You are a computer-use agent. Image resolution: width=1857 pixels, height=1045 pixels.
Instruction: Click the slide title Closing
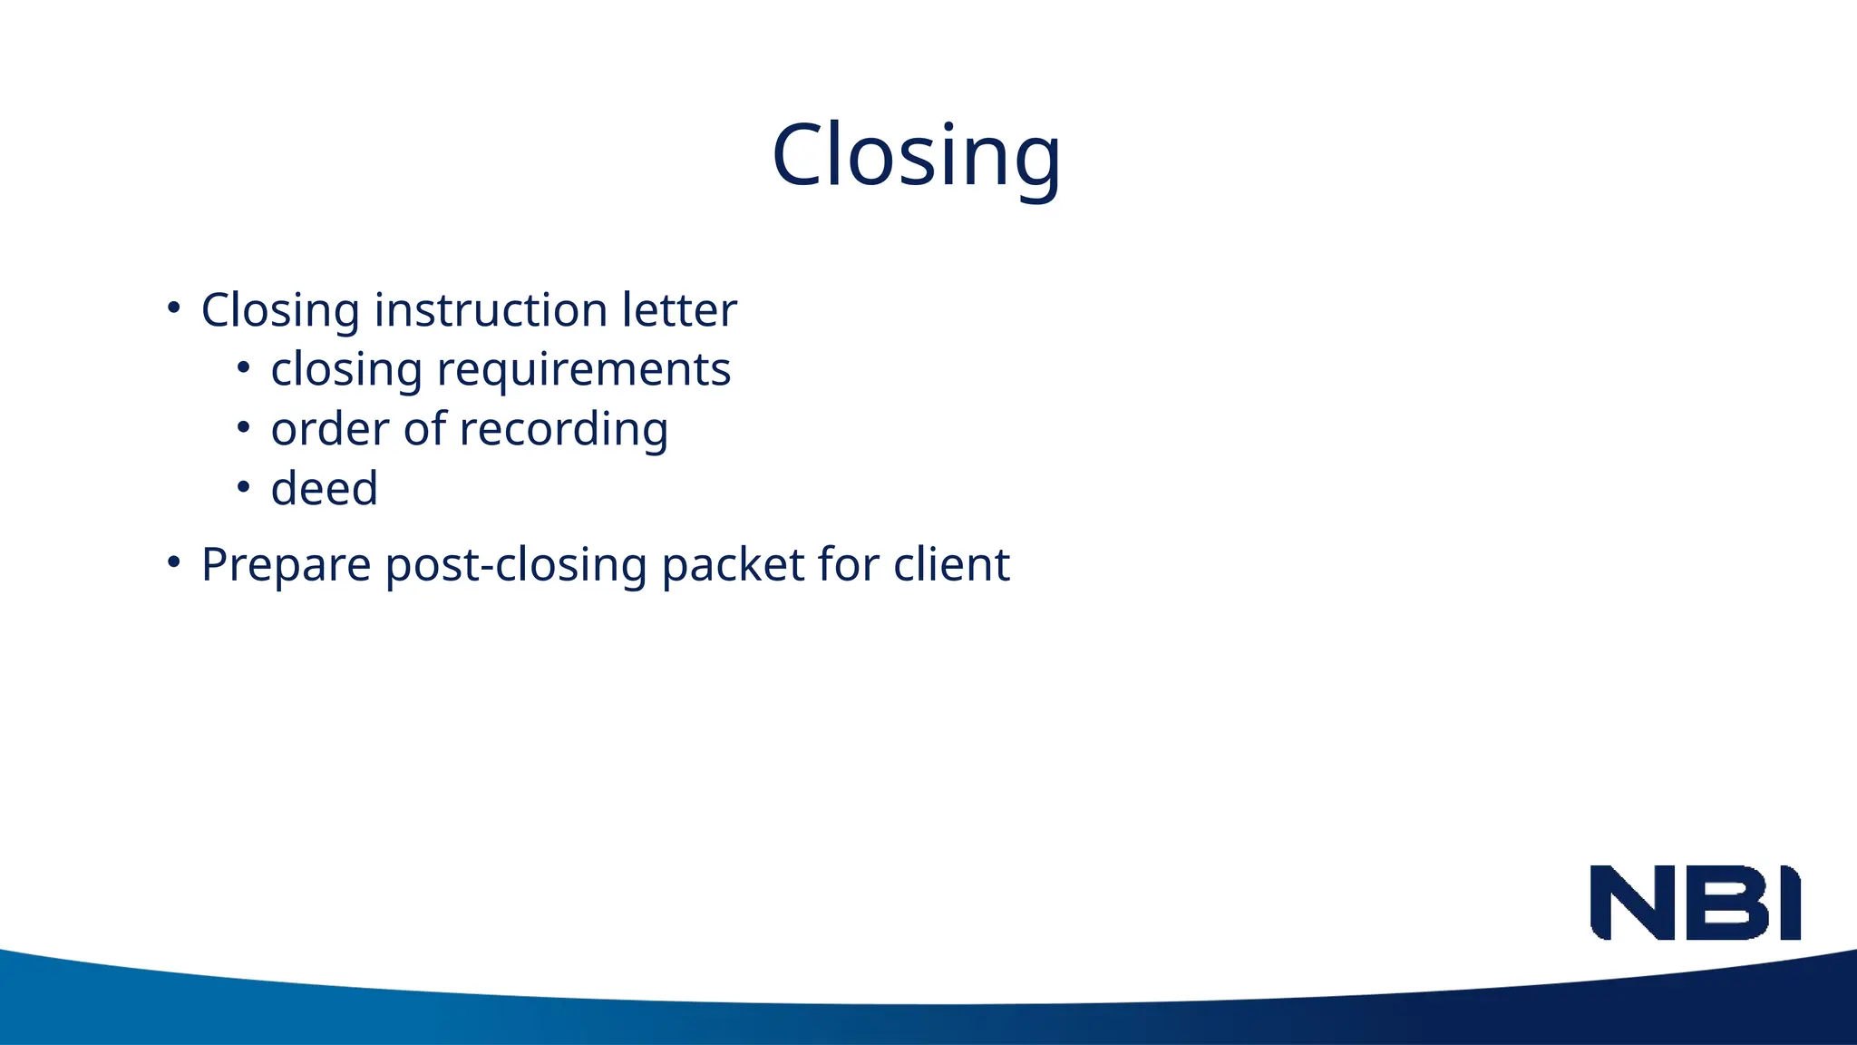pos(916,156)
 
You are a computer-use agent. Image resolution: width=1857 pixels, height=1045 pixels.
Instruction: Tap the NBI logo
pos(1695,903)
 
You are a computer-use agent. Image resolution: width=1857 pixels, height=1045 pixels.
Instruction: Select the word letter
pos(679,310)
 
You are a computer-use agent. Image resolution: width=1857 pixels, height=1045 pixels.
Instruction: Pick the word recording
pos(564,431)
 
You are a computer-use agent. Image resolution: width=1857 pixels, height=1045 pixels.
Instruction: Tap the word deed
pos(324,489)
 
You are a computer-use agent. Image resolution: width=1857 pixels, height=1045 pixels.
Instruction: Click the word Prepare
pos(286,566)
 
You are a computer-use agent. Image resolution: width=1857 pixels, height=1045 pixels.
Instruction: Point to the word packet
pos(733,566)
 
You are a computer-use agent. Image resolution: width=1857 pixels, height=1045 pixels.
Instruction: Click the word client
pos(951,564)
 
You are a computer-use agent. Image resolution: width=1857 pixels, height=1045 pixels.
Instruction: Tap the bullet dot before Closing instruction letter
pos(174,308)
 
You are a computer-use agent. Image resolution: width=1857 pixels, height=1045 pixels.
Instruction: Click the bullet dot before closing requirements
pos(243,367)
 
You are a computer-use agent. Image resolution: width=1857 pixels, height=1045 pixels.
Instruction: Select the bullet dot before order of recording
pos(243,427)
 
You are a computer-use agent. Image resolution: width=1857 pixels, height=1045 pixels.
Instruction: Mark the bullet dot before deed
pos(243,487)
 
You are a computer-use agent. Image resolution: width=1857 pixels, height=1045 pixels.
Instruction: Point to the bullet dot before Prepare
pos(174,562)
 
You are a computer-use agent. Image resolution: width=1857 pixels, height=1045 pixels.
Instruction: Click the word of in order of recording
pos(425,429)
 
